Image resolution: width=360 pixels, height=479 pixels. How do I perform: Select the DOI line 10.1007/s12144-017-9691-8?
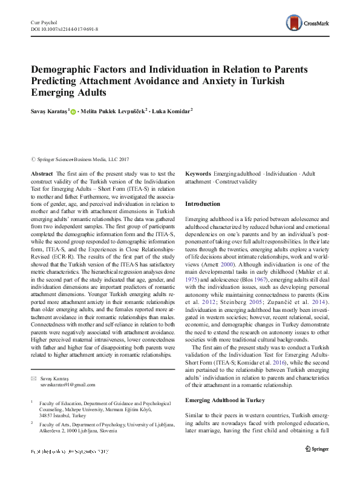68,28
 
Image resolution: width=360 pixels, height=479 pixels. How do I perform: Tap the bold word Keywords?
198,173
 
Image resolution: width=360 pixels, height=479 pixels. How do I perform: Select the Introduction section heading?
203,204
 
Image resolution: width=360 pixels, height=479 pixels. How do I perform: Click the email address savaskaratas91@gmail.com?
67,385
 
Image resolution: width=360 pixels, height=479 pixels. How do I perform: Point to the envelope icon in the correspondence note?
33,377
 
